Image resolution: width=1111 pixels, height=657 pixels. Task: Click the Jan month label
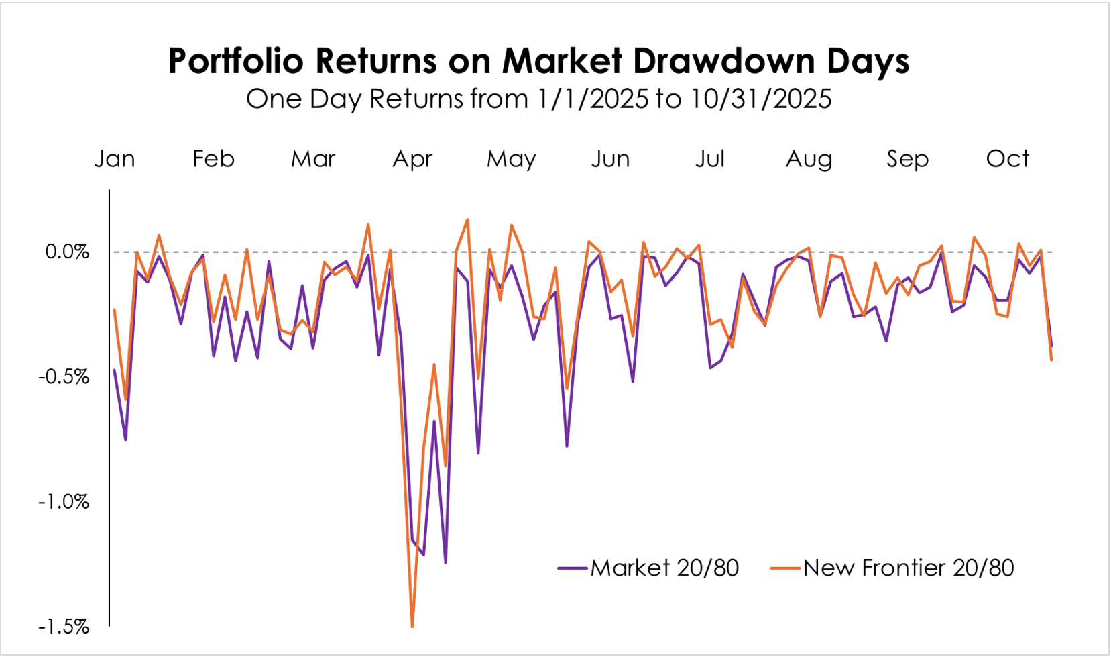(115, 159)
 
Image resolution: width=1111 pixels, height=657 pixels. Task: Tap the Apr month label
(412, 159)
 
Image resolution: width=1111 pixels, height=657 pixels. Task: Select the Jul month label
(710, 159)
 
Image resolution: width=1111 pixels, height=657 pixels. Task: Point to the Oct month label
(1007, 159)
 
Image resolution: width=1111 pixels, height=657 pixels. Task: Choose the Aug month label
(809, 159)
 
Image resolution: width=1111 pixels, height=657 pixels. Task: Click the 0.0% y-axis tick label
(67, 252)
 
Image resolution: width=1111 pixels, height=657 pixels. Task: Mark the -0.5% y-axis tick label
(64, 376)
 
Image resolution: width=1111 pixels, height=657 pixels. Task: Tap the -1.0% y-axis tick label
(64, 501)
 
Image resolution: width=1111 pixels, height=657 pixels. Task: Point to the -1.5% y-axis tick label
(64, 627)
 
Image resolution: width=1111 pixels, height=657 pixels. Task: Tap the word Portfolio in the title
(236, 61)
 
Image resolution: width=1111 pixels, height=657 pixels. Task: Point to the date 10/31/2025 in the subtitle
(761, 99)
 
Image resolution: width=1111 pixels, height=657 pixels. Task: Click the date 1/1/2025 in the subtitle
(593, 99)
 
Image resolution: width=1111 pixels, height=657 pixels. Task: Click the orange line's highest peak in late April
(467, 219)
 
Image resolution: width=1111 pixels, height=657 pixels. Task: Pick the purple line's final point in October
(1051, 346)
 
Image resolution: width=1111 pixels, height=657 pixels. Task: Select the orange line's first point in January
(115, 309)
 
